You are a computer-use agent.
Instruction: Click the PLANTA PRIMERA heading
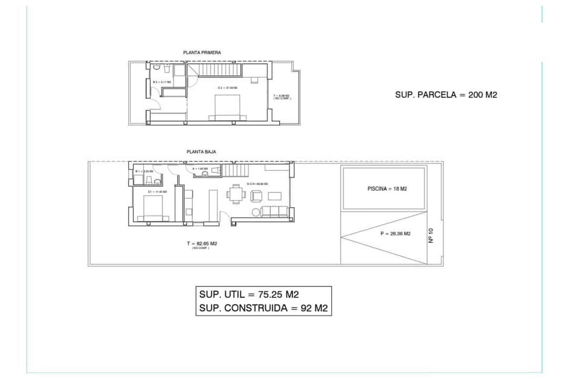click(x=202, y=52)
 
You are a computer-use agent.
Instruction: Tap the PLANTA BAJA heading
click(x=201, y=152)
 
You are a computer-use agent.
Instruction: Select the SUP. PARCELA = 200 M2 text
click(x=446, y=95)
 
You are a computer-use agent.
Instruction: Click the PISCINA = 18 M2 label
click(x=387, y=189)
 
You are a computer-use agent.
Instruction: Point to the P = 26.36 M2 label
click(x=395, y=234)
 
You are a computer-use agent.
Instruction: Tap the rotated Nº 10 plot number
click(x=431, y=235)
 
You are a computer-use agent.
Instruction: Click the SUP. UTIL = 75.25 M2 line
click(x=249, y=294)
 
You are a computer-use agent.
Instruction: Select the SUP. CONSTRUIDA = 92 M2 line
click(x=263, y=308)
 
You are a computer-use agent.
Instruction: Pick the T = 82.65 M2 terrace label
click(x=202, y=244)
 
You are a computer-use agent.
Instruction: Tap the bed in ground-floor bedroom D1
click(x=153, y=209)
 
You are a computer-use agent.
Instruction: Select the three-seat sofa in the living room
click(x=274, y=212)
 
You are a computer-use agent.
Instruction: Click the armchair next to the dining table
click(x=256, y=196)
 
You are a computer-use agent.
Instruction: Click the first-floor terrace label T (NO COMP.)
click(x=282, y=97)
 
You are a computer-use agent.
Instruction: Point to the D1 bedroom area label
click(x=157, y=192)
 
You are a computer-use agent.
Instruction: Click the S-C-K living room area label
click(x=257, y=184)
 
